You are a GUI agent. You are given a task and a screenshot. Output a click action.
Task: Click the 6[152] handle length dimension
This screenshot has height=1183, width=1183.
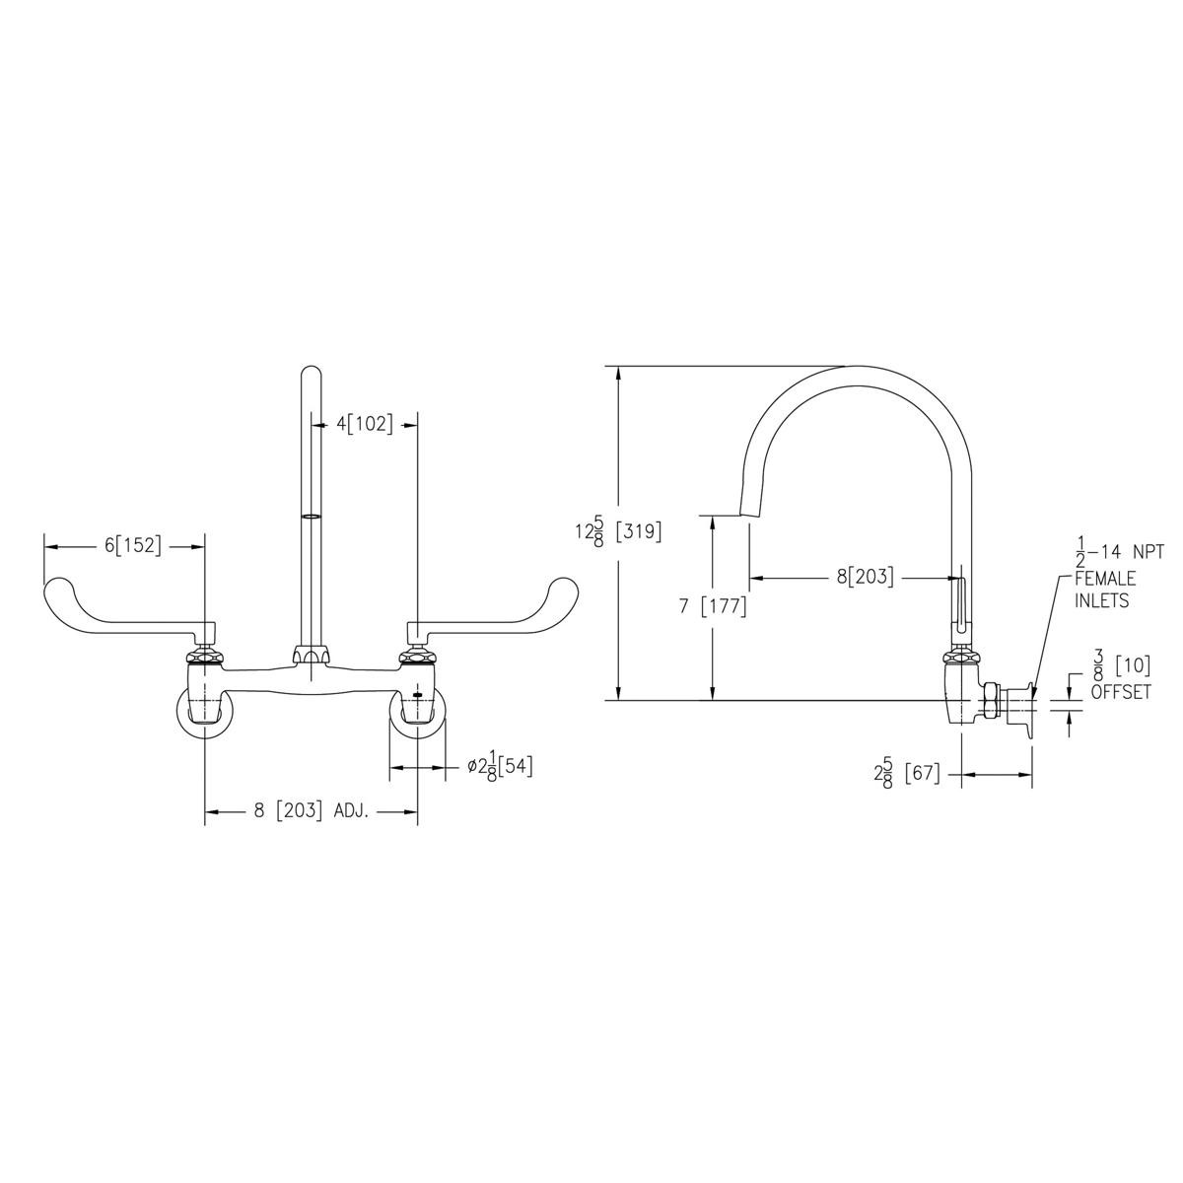pyautogui.click(x=133, y=545)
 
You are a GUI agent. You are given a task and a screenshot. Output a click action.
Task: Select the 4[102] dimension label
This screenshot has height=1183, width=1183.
pyautogui.click(x=365, y=424)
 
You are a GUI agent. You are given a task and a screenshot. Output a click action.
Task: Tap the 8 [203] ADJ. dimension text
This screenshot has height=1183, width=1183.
pyautogui.click(x=311, y=811)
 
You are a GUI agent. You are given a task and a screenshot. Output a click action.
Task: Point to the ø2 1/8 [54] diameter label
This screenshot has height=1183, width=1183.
pyautogui.click(x=499, y=766)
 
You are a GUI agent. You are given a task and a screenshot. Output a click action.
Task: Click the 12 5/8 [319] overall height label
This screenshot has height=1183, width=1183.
pyautogui.click(x=619, y=531)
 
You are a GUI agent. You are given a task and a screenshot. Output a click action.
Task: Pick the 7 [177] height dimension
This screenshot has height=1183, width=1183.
pyautogui.click(x=712, y=605)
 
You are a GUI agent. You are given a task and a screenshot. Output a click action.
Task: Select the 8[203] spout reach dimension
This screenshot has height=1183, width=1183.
pyautogui.click(x=865, y=577)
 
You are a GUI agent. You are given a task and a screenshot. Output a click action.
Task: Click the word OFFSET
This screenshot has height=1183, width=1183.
pyautogui.click(x=1121, y=692)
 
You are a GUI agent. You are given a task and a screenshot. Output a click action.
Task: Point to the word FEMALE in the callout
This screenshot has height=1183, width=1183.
pyautogui.click(x=1105, y=579)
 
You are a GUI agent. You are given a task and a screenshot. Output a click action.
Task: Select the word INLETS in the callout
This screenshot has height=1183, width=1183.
pyautogui.click(x=1102, y=599)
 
